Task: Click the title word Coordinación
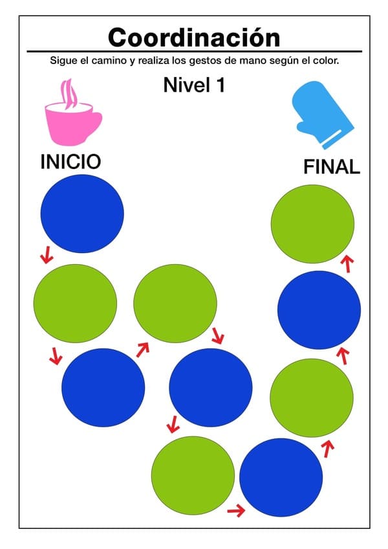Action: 194,38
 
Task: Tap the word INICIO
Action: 70,162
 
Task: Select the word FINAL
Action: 332,166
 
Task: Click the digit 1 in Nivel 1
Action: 221,85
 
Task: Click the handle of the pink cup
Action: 95,123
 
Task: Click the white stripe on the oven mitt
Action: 332,139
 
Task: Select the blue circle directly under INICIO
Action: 82,214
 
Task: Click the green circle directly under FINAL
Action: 312,224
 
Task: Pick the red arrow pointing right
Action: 236,511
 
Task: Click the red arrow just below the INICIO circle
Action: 47,254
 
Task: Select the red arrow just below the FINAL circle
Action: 347,263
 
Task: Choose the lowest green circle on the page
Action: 193,475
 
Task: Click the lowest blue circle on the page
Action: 281,478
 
